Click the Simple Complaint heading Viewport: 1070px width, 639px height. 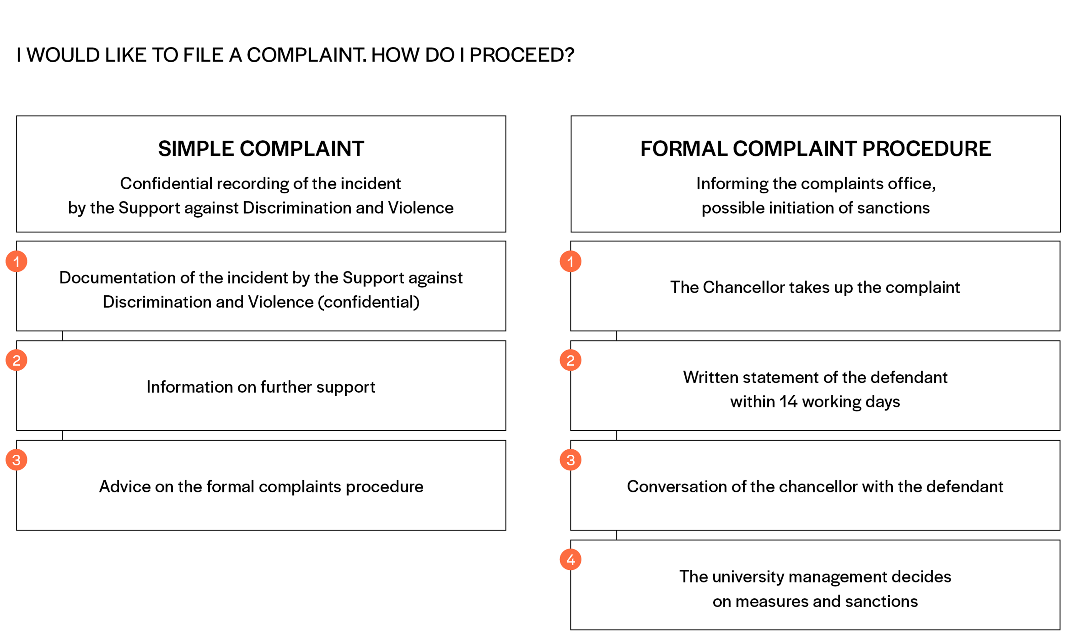pyautogui.click(x=261, y=149)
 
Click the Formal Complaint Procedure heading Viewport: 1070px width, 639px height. pyautogui.click(x=815, y=149)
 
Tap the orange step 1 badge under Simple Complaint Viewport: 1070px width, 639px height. pyautogui.click(x=16, y=261)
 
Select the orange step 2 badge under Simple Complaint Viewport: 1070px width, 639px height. pyautogui.click(x=16, y=361)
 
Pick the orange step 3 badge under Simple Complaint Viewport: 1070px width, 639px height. pyautogui.click(x=16, y=460)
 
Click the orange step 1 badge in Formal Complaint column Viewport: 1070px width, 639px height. pyautogui.click(x=570, y=261)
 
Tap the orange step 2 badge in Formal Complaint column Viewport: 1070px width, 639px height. pyautogui.click(x=570, y=361)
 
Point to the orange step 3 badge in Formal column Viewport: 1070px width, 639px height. pyautogui.click(x=570, y=460)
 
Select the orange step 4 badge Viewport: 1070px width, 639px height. pyautogui.click(x=570, y=560)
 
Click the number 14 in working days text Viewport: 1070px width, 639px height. pyautogui.click(x=788, y=401)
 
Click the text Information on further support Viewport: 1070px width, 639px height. pyautogui.click(x=261, y=387)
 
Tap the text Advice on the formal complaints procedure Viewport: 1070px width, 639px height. pyautogui.click(x=261, y=487)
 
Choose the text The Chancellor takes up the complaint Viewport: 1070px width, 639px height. pyautogui.click(x=815, y=288)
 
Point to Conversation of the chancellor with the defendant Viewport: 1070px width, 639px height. pyautogui.click(x=815, y=487)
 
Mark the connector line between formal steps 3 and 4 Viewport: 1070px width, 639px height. pyautogui.click(x=616, y=535)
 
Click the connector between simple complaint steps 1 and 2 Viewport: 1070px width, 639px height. pyautogui.click(x=63, y=336)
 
